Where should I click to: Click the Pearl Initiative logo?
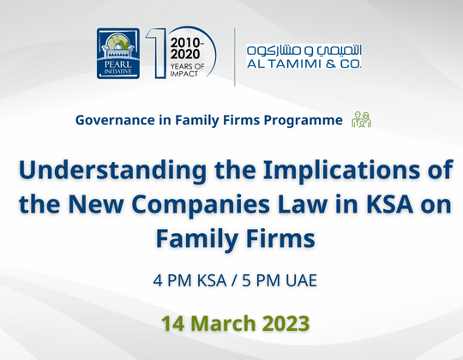coord(119,53)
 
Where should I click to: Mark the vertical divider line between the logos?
coord(235,57)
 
